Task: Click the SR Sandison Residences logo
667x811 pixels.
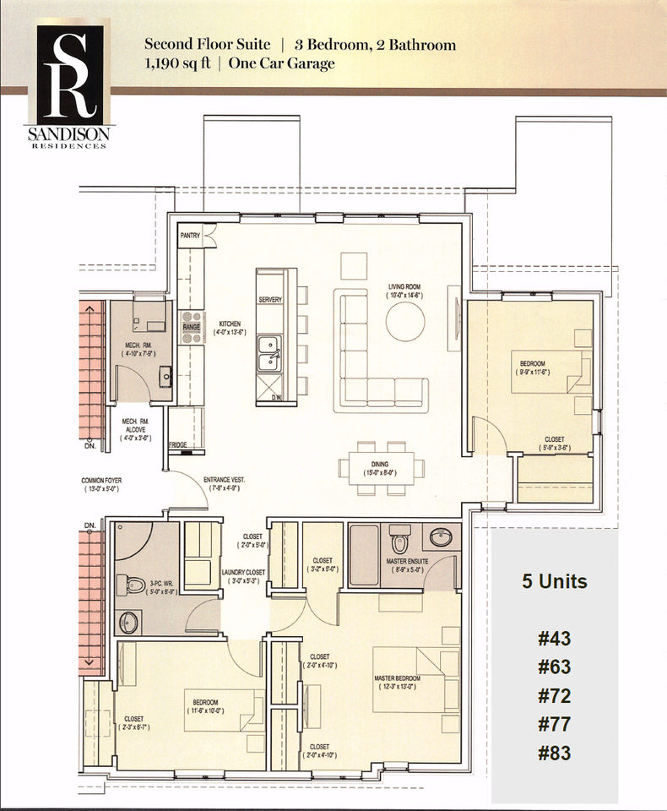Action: tap(70, 85)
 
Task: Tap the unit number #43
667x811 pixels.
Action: tap(554, 639)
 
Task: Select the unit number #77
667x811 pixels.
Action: tap(554, 724)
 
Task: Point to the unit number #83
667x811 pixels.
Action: tap(554, 753)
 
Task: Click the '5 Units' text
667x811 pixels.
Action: tap(553, 581)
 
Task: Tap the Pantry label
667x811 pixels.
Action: tap(190, 237)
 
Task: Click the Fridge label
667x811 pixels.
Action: tap(177, 444)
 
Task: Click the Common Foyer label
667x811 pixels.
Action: tap(102, 484)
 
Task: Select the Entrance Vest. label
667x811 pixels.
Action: tap(224, 484)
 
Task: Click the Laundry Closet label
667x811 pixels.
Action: tap(244, 575)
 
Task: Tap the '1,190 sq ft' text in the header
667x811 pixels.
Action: tap(179, 63)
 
